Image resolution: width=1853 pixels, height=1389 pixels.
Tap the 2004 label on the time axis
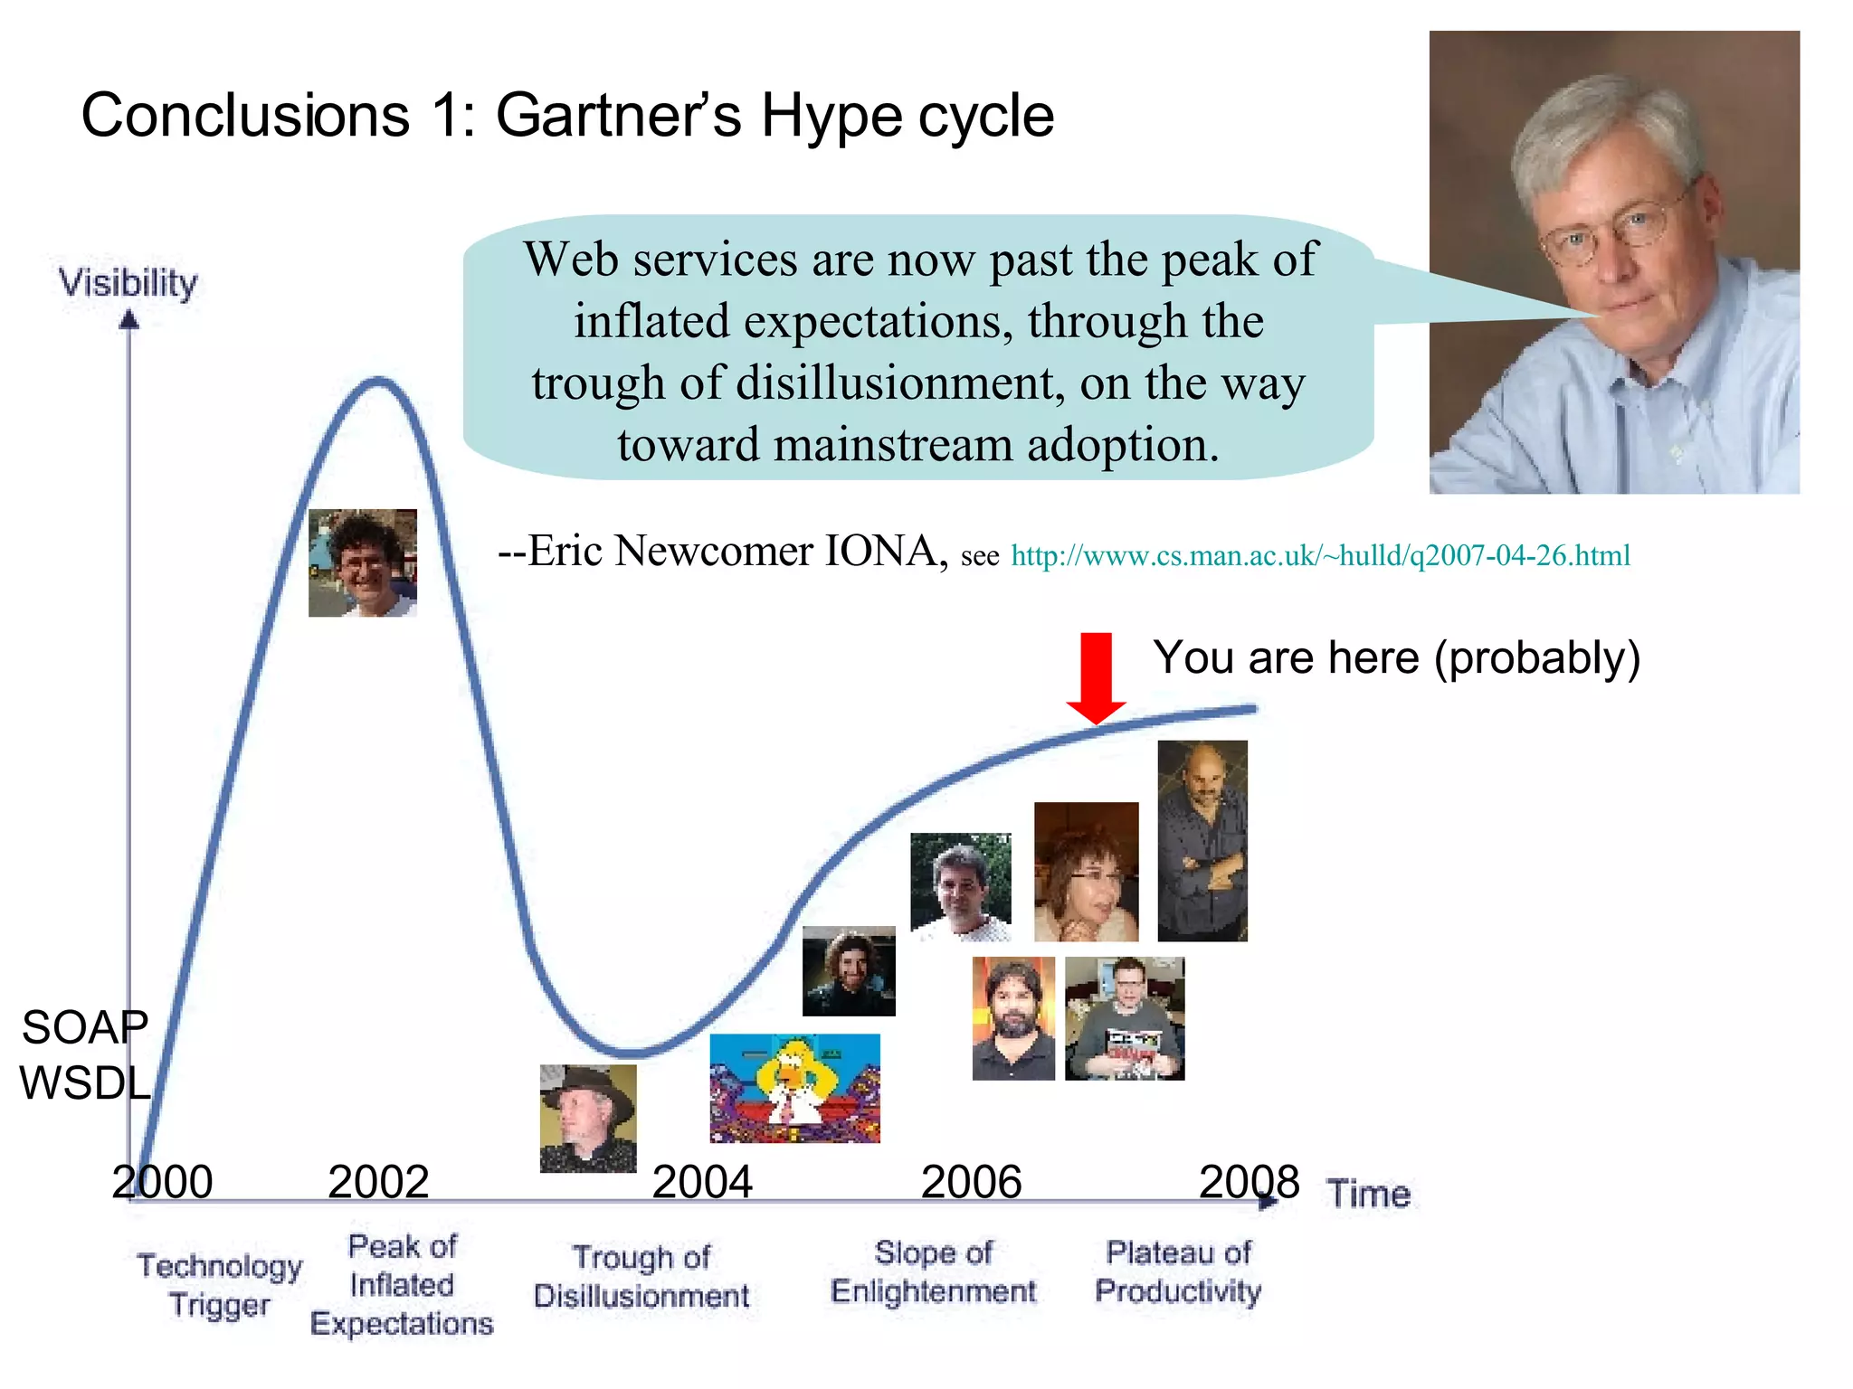(702, 1182)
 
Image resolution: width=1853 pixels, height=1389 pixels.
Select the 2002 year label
(378, 1182)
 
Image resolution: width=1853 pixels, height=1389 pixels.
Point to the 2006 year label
(971, 1182)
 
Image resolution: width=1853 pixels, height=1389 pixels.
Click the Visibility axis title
(128, 283)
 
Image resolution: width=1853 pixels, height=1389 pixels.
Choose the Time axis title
(1369, 1194)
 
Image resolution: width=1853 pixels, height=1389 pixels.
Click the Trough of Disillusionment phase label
(641, 1276)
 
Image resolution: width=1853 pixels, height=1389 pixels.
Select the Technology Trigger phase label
(219, 1285)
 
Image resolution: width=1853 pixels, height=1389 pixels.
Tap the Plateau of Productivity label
(1178, 1271)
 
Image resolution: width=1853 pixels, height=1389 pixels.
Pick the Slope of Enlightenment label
(933, 1271)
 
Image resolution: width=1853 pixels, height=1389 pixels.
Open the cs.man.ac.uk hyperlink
(1320, 555)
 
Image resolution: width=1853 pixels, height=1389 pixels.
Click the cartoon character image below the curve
(794, 1088)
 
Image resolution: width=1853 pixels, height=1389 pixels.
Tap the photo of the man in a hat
(588, 1119)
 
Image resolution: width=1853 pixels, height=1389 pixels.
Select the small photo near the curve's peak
(363, 562)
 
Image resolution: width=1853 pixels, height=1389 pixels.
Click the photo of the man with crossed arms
(1202, 841)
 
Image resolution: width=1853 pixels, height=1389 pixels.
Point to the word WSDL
(85, 1083)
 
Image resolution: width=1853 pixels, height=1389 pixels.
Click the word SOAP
(85, 1027)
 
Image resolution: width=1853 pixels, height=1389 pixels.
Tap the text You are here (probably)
(1396, 657)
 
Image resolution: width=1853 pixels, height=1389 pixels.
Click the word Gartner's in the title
(619, 116)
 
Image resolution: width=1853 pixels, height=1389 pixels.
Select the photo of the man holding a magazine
(1125, 1018)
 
